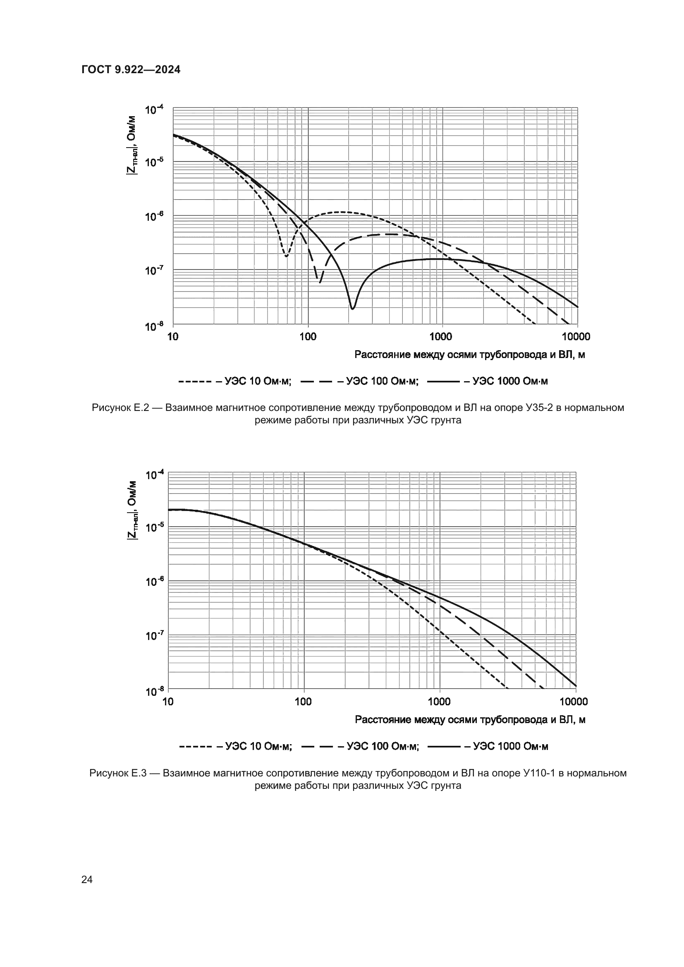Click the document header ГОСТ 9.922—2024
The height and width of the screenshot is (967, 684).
pos(131,70)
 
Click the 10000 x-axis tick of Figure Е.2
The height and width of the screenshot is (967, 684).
pos(576,337)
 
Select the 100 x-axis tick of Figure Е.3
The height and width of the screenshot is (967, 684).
pos(303,702)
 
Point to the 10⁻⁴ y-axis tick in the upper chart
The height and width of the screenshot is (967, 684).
pos(154,110)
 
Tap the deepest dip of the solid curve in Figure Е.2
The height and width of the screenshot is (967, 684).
pos(352,308)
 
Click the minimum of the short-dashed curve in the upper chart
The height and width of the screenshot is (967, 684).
pos(286,255)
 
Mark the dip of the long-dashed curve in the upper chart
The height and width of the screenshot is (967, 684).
pos(319,282)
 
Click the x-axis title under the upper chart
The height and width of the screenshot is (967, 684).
pos(470,355)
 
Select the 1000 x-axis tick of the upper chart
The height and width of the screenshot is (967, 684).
pos(440,337)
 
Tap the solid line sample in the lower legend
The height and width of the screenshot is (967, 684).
pos(443,747)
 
